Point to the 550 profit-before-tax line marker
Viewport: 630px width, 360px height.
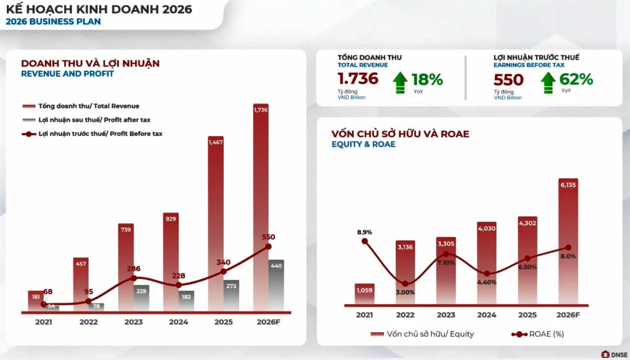[268, 246]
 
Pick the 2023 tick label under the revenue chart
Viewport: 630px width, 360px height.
[134, 322]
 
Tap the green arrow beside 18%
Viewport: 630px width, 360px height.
[400, 83]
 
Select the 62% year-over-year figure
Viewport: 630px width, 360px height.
[576, 80]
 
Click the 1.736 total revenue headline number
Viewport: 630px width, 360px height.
[358, 79]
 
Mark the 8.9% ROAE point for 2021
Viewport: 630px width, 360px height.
[364, 241]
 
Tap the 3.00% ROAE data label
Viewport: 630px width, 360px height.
[405, 292]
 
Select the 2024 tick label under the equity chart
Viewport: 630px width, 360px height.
[486, 315]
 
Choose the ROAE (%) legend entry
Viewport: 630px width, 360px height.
[538, 334]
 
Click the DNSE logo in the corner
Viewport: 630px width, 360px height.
[614, 354]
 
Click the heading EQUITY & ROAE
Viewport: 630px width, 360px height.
[363, 145]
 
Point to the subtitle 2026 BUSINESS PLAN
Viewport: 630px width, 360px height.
[53, 22]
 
